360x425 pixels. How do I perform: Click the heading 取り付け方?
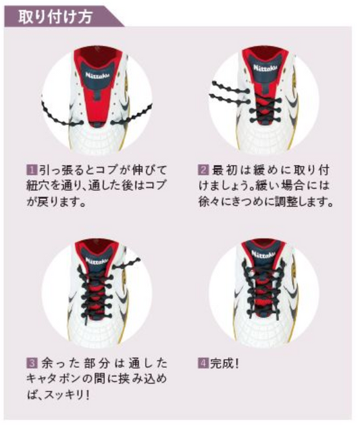pyautogui.click(x=55, y=17)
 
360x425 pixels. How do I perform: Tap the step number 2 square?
pyautogui.click(x=203, y=170)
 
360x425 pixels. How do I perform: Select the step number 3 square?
pyautogui.click(x=32, y=363)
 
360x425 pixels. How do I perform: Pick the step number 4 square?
pyautogui.click(x=203, y=363)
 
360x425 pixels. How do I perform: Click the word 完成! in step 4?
pyautogui.click(x=224, y=363)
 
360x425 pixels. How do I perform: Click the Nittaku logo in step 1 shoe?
pyautogui.click(x=97, y=76)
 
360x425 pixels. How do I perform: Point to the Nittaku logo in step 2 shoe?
pyautogui.click(x=265, y=68)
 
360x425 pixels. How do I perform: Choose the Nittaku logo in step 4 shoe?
pyautogui.click(x=263, y=255)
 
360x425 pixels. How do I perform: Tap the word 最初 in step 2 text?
pyautogui.click(x=224, y=170)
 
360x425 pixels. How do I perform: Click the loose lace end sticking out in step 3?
pyautogui.click(x=127, y=264)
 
